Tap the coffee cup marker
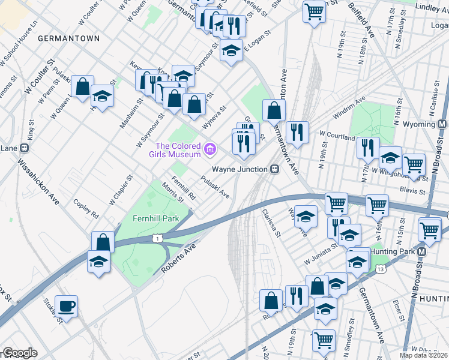tap(66, 307)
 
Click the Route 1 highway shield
tap(157, 239)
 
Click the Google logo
tap(20, 353)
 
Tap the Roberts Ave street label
tap(179, 259)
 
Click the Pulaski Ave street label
tap(215, 187)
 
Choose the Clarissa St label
tap(271, 223)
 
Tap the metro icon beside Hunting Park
tap(422, 252)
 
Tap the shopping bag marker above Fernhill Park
tap(103, 242)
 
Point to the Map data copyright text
tap(423, 355)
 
